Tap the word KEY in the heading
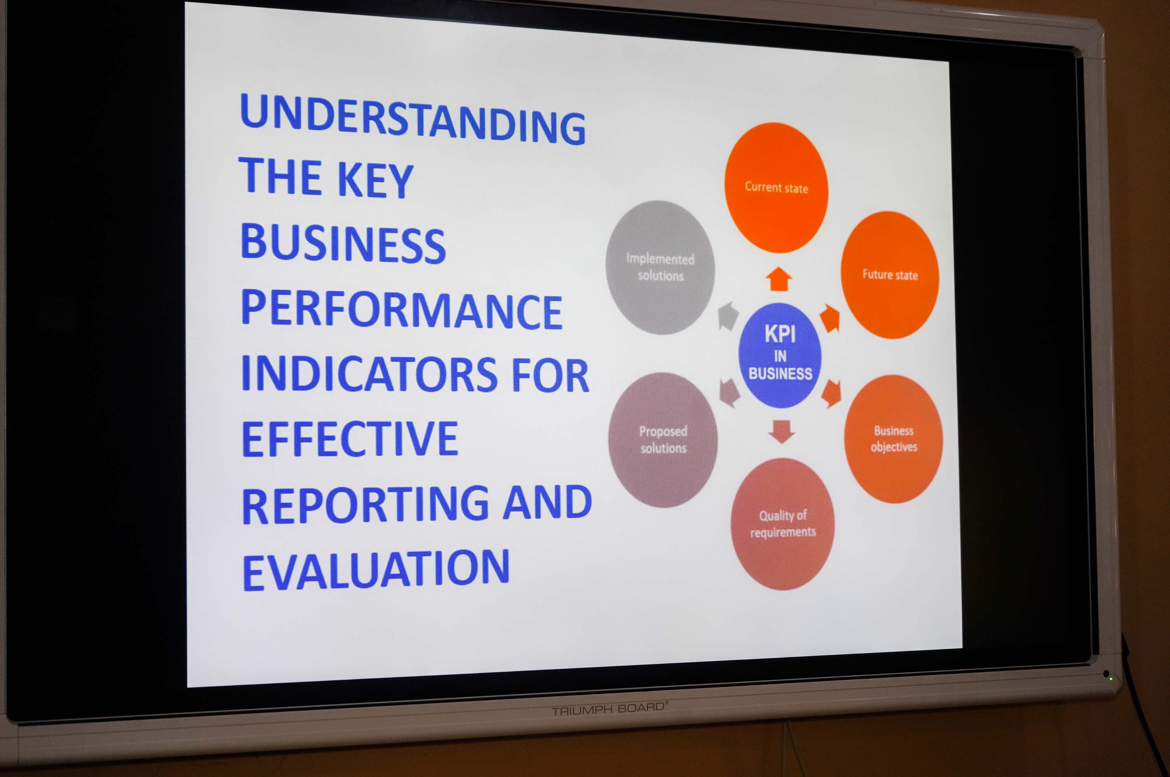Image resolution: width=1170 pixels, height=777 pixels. (375, 179)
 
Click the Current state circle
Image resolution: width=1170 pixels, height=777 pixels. (776, 188)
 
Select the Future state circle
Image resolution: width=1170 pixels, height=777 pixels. (890, 275)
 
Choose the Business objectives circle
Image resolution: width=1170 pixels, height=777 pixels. (893, 439)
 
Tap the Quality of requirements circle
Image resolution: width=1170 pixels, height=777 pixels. (783, 524)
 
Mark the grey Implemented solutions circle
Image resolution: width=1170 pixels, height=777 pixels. (660, 268)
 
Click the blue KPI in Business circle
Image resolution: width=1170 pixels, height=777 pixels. (779, 355)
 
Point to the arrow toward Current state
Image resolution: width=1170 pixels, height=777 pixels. (779, 279)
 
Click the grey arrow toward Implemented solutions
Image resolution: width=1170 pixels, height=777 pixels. (728, 315)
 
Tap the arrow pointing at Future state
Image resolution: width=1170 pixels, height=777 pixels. (830, 318)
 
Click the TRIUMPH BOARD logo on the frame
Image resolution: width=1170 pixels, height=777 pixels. (610, 709)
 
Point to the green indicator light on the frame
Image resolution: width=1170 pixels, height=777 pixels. (1111, 678)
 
